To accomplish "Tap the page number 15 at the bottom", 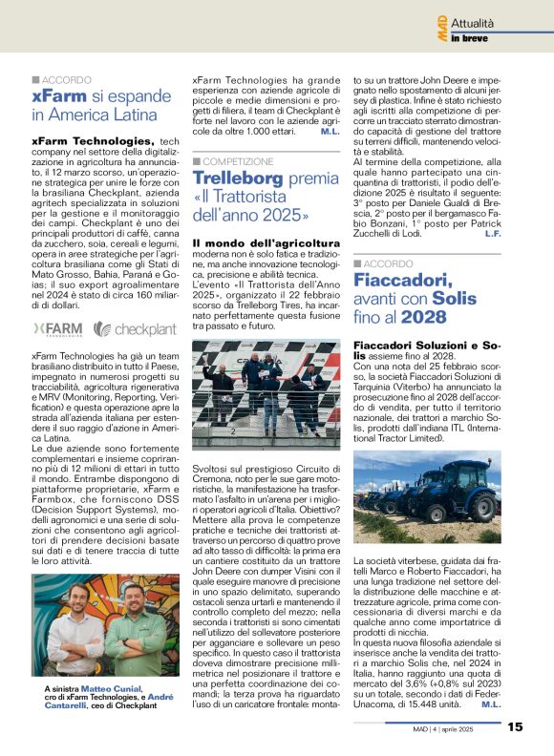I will pyautogui.click(x=515, y=727).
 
